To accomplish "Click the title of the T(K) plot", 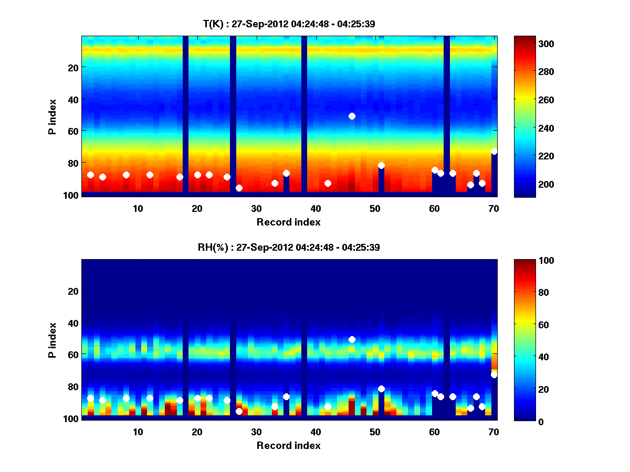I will tap(289, 24).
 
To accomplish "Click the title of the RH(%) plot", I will tap(289, 247).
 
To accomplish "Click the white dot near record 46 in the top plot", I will tap(352, 116).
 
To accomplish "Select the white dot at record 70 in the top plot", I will tap(494, 152).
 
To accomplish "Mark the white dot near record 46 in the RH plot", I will tap(352, 339).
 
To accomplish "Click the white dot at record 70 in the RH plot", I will tap(494, 374).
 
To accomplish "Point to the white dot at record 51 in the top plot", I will tap(381, 166).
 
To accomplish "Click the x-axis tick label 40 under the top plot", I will tap(316, 208).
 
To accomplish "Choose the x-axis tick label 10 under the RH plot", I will tap(138, 432).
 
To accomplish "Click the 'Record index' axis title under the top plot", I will tap(289, 222).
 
